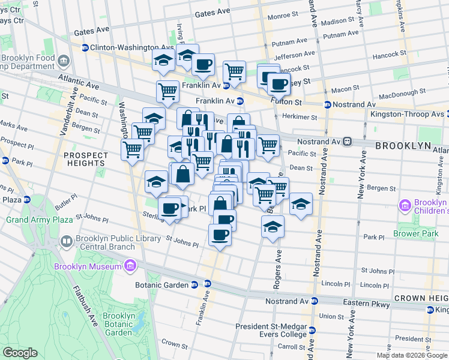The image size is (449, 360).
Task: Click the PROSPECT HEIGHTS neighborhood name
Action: coord(86,159)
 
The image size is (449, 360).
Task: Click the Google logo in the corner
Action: coord(20,353)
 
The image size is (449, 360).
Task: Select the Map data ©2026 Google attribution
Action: coord(412,355)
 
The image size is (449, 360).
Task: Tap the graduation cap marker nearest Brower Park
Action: coord(301,204)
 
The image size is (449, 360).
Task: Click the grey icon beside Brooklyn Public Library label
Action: coord(67,242)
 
